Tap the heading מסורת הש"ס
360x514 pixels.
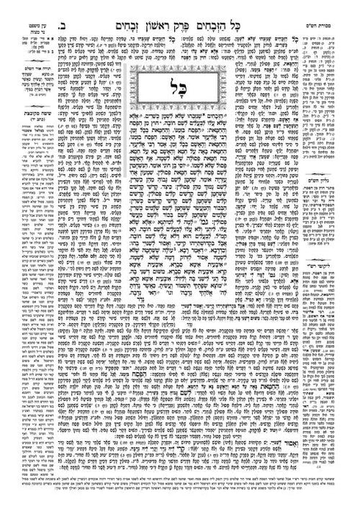click(327, 9)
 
